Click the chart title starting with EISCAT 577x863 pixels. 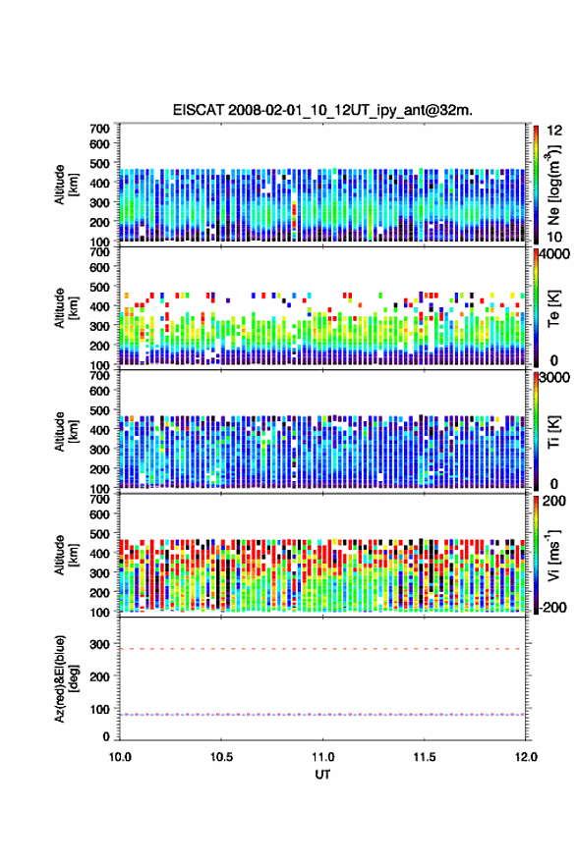(x=322, y=110)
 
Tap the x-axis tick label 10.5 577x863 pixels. (x=221, y=757)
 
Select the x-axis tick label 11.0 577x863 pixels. (x=323, y=757)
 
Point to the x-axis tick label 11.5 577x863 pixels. (x=425, y=757)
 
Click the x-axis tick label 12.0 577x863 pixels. (x=526, y=757)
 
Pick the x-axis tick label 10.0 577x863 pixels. (x=120, y=757)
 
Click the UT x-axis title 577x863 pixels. (x=323, y=775)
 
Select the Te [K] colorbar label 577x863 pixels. (x=553, y=308)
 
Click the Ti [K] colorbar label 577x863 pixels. (x=553, y=432)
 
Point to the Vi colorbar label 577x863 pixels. (x=552, y=555)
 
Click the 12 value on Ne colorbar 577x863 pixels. (x=554, y=131)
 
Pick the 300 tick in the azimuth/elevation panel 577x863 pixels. (x=99, y=643)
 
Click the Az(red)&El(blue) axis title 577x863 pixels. (x=66, y=678)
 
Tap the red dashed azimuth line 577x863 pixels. (x=322, y=649)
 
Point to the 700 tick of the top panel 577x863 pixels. (x=99, y=129)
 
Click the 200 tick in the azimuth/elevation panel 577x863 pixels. (x=99, y=676)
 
